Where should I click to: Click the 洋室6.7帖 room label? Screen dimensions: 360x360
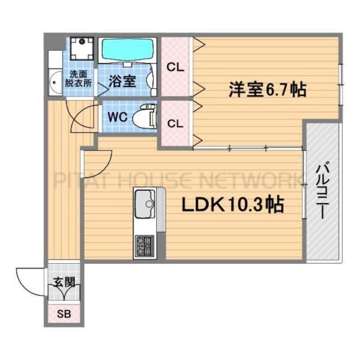pos(266,90)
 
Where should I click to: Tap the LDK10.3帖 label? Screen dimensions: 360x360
pos(233,205)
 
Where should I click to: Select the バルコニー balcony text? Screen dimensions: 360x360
pos(322,191)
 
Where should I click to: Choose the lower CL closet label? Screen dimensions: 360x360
pos(175,124)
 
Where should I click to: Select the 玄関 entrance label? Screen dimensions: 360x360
pos(63,282)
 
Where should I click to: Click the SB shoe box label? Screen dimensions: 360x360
pos(62,314)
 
